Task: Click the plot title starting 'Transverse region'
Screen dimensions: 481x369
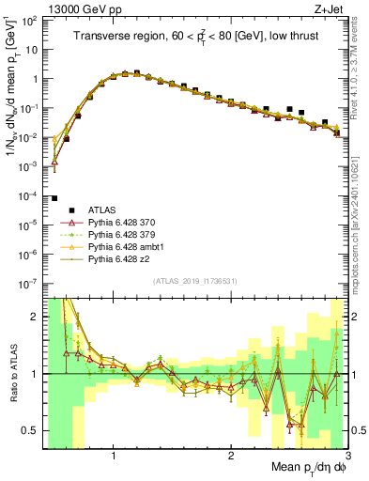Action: (194, 37)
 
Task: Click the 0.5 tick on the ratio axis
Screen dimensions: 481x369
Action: (34, 430)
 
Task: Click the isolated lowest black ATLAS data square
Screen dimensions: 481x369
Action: (55, 198)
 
